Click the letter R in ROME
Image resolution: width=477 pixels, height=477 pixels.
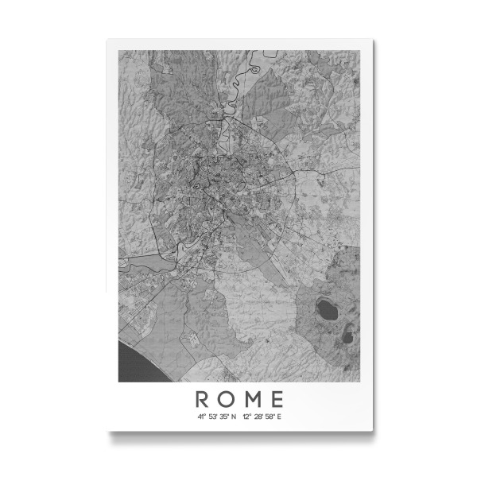tap(203, 398)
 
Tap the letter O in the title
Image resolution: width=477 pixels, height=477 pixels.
tap(227, 398)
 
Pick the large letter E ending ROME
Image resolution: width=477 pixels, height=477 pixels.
tap(276, 398)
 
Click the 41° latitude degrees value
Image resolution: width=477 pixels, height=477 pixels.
tap(202, 416)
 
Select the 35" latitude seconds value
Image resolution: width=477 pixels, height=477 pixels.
tap(224, 416)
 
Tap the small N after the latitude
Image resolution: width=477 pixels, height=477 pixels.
tap(234, 416)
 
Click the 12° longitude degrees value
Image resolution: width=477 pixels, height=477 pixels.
tap(247, 416)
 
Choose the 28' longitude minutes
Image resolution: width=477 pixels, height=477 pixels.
tap(258, 416)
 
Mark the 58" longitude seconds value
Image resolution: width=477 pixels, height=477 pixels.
tap(270, 416)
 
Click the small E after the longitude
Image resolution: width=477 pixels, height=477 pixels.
tap(279, 416)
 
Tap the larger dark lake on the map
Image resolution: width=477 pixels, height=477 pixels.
tap(326, 307)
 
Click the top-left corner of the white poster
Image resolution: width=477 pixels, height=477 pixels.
tap(107, 39)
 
